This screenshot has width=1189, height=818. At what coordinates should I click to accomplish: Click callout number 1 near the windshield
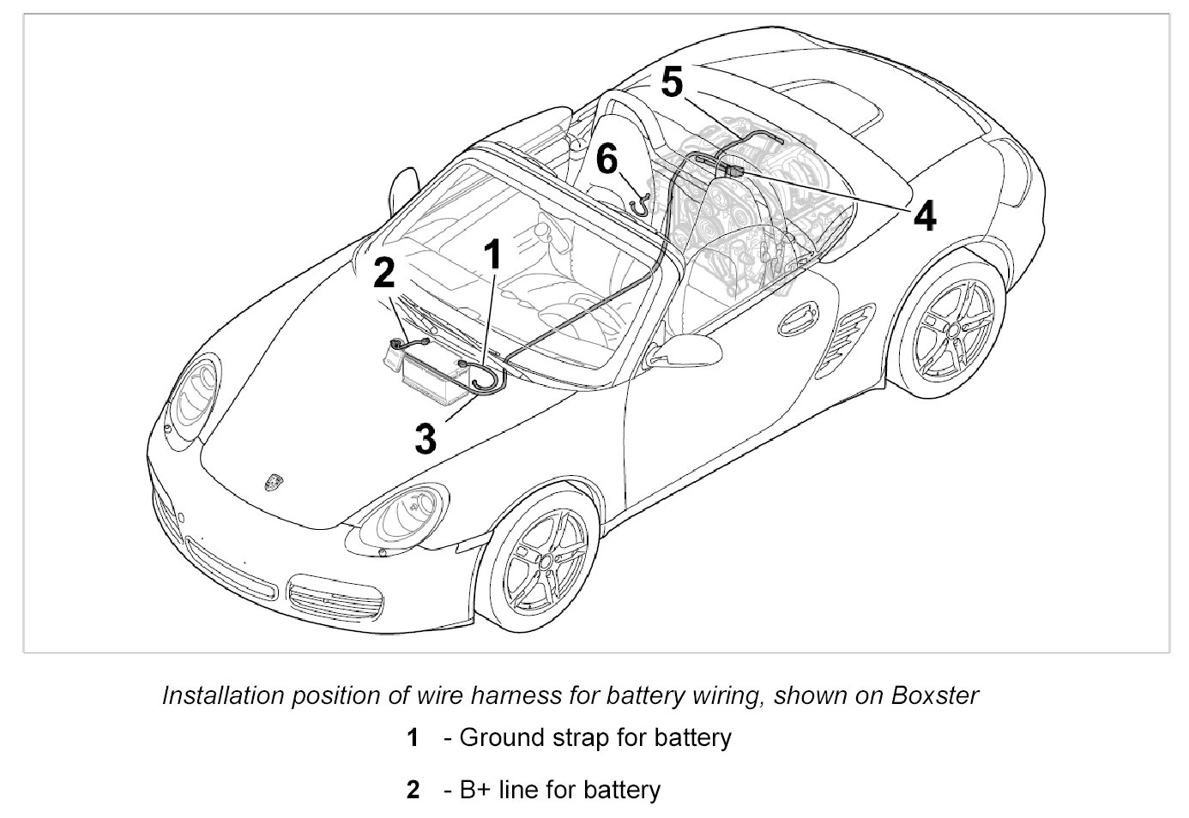click(492, 255)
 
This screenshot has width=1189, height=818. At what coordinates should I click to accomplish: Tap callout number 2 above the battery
click(383, 274)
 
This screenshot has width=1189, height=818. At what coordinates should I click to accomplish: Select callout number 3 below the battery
click(426, 438)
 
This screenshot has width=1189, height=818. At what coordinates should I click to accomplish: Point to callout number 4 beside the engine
click(925, 215)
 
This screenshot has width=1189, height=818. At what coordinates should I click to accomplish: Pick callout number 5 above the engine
click(672, 83)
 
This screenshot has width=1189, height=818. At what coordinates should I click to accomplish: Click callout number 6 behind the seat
click(607, 159)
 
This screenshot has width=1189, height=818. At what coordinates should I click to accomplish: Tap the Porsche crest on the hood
click(274, 482)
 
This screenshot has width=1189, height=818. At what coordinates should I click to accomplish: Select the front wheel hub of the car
click(543, 562)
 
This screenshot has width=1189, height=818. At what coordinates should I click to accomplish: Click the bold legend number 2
click(413, 789)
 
